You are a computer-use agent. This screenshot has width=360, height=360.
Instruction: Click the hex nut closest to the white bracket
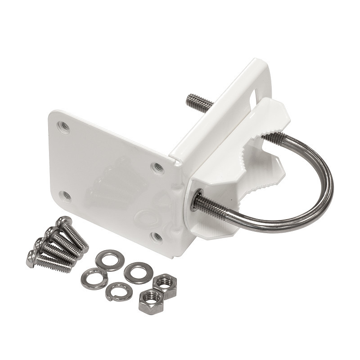[x=164, y=283]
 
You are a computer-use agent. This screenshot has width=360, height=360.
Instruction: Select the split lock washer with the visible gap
[x=119, y=291]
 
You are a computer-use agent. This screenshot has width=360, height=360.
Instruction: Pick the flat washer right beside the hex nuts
[x=135, y=273]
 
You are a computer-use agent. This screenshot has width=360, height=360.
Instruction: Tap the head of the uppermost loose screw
[x=63, y=222]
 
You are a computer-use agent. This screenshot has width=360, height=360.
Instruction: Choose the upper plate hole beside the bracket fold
[x=157, y=168]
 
